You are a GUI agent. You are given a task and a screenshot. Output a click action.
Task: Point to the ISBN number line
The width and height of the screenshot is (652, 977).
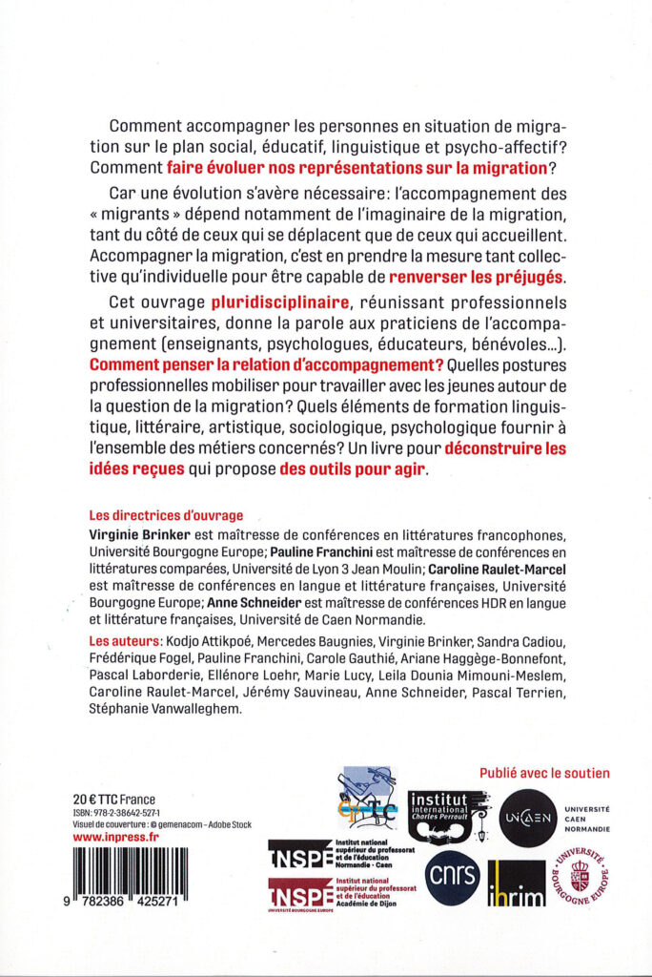tap(126, 812)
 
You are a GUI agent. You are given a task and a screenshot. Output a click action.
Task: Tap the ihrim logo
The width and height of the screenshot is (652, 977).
tap(516, 883)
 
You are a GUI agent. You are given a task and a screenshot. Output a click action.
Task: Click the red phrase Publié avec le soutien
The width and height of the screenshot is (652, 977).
tap(543, 773)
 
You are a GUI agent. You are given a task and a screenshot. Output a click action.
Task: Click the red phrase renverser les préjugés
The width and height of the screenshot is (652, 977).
tap(477, 278)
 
